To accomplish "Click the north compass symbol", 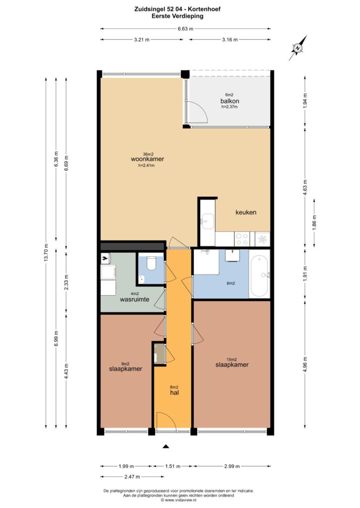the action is (x=298, y=48).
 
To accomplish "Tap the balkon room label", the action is (x=229, y=101).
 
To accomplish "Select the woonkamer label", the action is (x=147, y=159).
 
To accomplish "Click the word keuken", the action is (x=246, y=212).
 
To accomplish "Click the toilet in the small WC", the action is (x=151, y=263).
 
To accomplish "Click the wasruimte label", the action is (x=135, y=299).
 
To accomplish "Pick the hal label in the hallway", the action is (x=174, y=393).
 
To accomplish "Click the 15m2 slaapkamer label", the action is (x=232, y=365).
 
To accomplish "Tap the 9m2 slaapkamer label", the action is (x=126, y=369).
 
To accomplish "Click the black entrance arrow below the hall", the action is (x=166, y=446).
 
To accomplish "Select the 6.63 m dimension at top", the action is (x=185, y=29).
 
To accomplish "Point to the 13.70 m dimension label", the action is (x=46, y=253).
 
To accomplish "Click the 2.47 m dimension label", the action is (x=132, y=477).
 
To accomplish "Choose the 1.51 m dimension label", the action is (x=172, y=466).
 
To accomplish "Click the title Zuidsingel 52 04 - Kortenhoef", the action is (x=177, y=9).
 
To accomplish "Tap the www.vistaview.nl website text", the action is (x=179, y=500).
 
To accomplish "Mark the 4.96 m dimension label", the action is (x=305, y=365).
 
